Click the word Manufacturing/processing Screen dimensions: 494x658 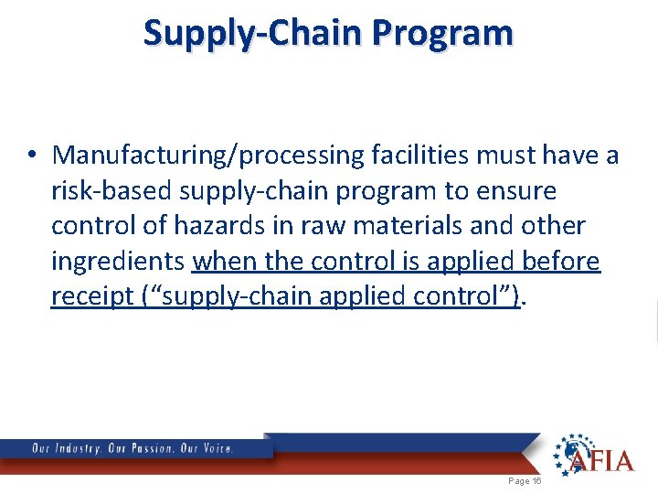click(x=209, y=156)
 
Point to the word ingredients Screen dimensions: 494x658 click(x=118, y=262)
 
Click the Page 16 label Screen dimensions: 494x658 click(x=525, y=481)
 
